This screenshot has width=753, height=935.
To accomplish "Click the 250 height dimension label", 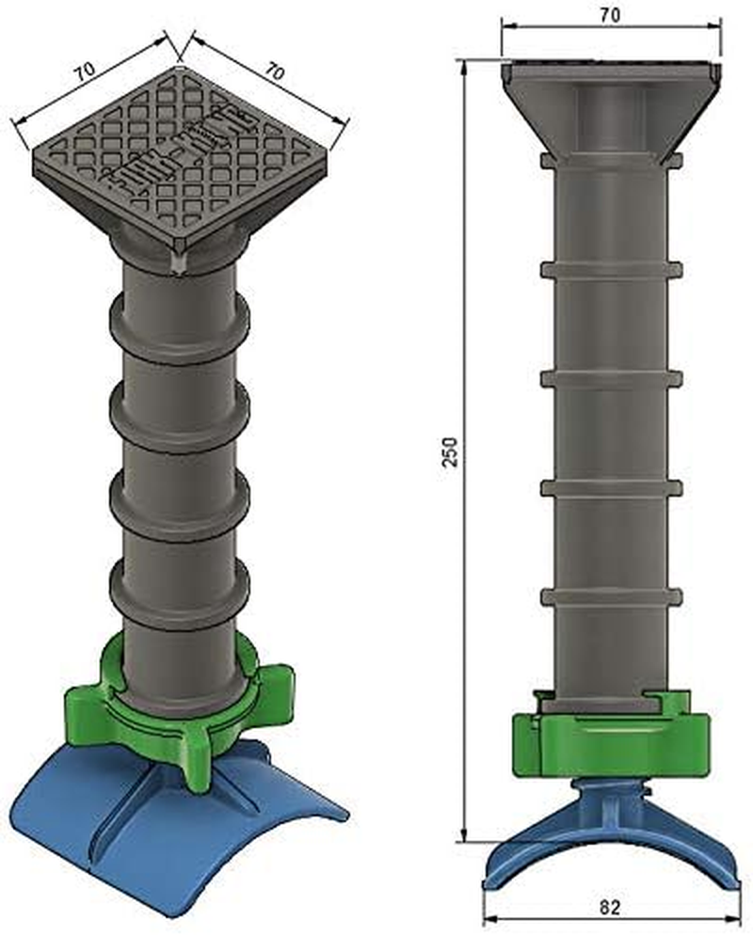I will point(451,451).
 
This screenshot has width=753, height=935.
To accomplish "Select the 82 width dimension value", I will point(609,907).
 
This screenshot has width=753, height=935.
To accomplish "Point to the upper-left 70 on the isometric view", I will point(86,76).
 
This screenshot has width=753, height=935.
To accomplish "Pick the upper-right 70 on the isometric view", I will point(274,71).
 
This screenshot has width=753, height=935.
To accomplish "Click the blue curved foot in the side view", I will point(609,828).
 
